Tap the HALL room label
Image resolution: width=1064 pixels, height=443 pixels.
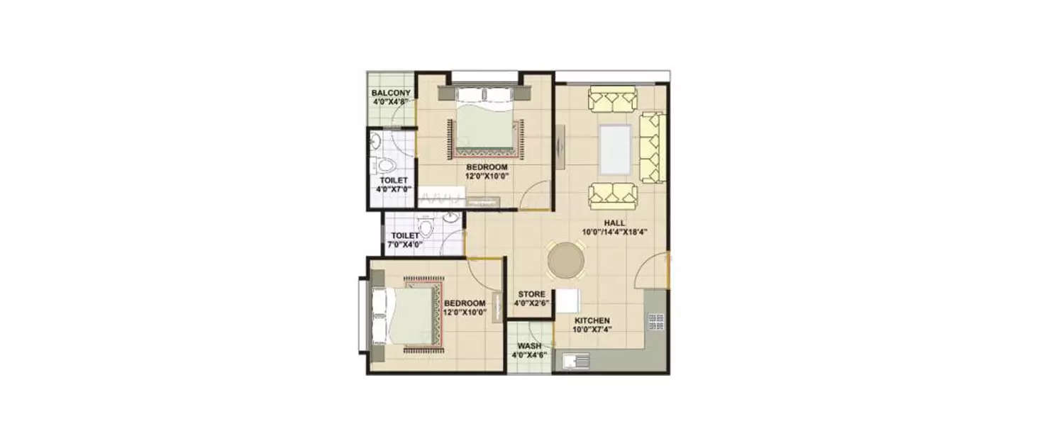(x=614, y=223)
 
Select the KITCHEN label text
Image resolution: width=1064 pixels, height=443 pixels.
(x=592, y=320)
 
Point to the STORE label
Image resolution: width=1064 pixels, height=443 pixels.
(x=531, y=294)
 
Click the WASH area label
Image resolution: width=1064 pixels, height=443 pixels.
(x=529, y=346)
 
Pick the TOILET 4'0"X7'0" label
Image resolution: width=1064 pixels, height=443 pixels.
(x=393, y=181)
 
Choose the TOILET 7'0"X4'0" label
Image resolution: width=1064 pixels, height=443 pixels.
(x=404, y=236)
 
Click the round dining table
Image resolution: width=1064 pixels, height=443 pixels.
(x=567, y=261)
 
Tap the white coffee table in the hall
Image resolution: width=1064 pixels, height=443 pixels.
(x=615, y=149)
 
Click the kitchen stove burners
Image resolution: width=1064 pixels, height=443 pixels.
(x=656, y=322)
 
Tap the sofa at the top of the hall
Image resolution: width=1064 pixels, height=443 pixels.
(x=612, y=99)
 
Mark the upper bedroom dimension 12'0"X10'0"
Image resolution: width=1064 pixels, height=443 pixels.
(x=487, y=176)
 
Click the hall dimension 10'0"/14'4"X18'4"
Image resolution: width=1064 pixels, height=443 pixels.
(x=614, y=232)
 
